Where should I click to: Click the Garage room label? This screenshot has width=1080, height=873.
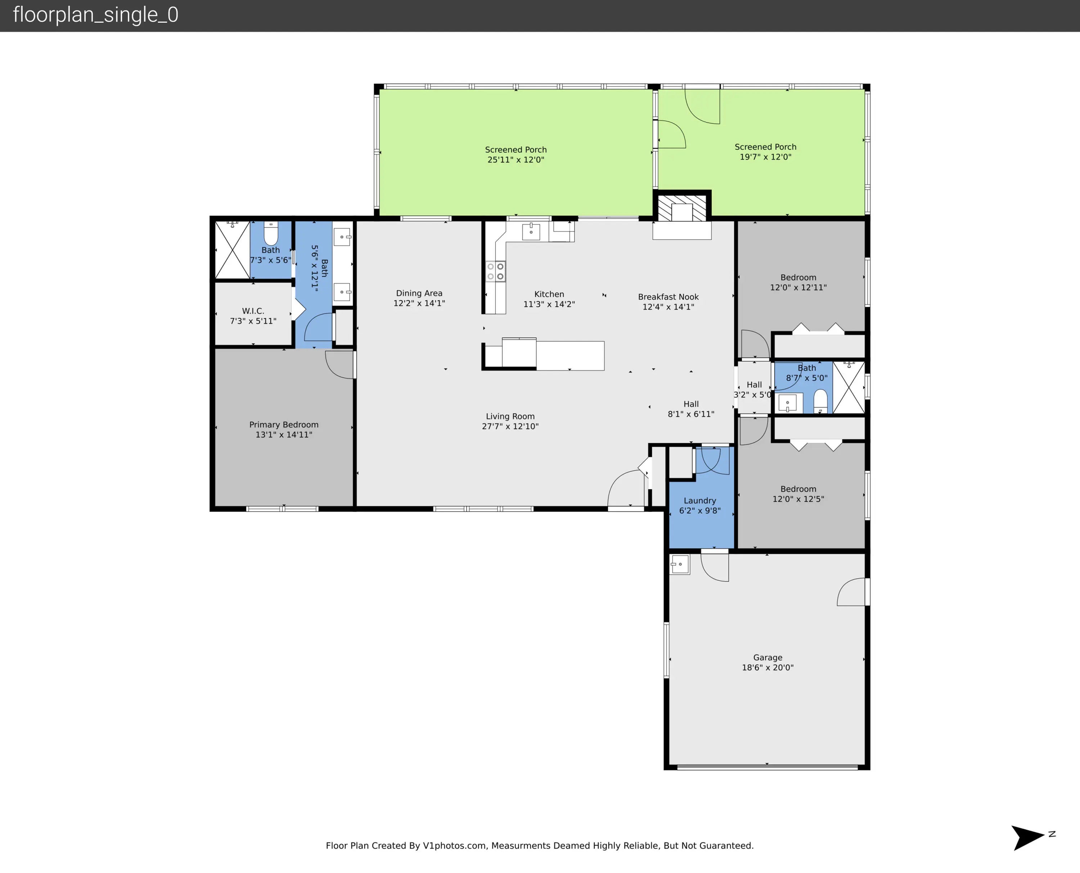coord(768,657)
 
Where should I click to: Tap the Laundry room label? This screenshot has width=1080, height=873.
coord(700,500)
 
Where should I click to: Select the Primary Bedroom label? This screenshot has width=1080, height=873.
coord(284,424)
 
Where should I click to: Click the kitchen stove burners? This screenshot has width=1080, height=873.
coord(495,271)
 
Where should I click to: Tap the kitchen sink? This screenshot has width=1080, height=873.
coord(531,232)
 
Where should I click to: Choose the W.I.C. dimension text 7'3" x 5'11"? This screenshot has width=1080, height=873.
coord(253,321)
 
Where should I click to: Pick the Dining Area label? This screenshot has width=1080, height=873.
coord(419,293)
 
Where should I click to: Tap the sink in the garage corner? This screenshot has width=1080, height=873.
coord(680,564)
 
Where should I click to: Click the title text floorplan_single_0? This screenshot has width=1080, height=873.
coord(95,15)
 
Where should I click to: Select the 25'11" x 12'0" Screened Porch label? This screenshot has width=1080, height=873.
coord(516,149)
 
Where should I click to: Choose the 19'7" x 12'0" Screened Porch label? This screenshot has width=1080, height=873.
coord(765,147)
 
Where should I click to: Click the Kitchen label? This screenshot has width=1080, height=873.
coord(549,294)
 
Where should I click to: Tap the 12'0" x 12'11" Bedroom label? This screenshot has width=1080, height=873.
coord(798,278)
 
